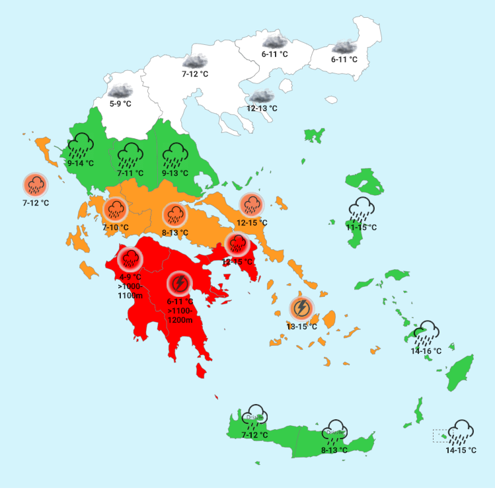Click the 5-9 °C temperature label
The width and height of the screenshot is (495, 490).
[x=120, y=104]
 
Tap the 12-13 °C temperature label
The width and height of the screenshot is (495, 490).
[x=262, y=108]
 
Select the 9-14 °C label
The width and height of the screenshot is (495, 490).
[x=81, y=163]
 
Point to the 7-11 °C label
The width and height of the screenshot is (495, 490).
[x=130, y=173]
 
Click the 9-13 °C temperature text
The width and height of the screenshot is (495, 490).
[x=175, y=173]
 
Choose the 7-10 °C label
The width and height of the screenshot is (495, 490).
[x=115, y=227]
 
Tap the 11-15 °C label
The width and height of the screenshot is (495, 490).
[x=362, y=227]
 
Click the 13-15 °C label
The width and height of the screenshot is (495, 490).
[x=301, y=326]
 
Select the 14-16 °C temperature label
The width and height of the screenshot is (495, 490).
[x=426, y=351]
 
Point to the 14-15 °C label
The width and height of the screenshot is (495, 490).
[x=461, y=451]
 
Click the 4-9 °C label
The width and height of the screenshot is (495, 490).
[x=130, y=276]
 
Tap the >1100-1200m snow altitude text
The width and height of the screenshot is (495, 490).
[x=180, y=315]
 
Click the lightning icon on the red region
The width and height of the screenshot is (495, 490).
[x=178, y=284]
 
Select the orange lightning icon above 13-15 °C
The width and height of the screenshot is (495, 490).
[x=301, y=308]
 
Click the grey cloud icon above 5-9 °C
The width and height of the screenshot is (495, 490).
[x=121, y=91]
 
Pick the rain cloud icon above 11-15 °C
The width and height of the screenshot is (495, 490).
[x=362, y=209]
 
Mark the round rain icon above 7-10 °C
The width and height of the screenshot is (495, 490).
[x=116, y=210]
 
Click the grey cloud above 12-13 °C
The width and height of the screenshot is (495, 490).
[x=261, y=96]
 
